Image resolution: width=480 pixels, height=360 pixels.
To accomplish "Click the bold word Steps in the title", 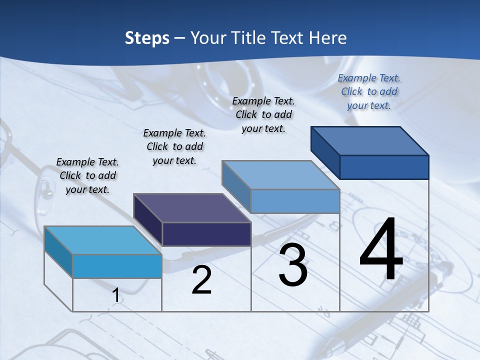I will pyautogui.click(x=147, y=38).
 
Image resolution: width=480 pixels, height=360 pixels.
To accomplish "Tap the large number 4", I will pyautogui.click(x=381, y=250).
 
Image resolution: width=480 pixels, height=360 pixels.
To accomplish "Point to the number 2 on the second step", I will pyautogui.click(x=201, y=280).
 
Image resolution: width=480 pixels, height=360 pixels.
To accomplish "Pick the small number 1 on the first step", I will pyautogui.click(x=116, y=295).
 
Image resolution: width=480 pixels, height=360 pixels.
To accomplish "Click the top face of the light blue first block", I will pyautogui.click(x=102, y=240).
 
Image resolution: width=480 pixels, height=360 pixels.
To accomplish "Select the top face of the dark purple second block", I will pyautogui.click(x=191, y=208).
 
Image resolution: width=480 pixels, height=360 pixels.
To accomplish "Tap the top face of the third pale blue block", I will pyautogui.click(x=280, y=175).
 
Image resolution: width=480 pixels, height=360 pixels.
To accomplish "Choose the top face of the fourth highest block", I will pyautogui.click(x=369, y=141).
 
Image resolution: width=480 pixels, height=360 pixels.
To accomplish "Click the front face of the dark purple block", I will pyautogui.click(x=206, y=234).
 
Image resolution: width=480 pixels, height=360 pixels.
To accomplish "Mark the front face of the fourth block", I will pyautogui.click(x=384, y=167).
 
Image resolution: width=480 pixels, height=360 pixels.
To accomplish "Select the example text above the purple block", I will pyautogui.click(x=174, y=146).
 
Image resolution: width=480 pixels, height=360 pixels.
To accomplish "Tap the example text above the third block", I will pyautogui.click(x=263, y=114).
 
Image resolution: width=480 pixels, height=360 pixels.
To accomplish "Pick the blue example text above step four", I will pyautogui.click(x=369, y=91).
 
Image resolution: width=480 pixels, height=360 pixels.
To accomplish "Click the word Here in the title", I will pyautogui.click(x=327, y=38).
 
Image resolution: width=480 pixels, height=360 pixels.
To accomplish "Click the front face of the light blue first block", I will pyautogui.click(x=117, y=266).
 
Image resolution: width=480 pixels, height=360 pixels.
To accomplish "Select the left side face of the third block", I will pyautogui.click(x=236, y=187).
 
